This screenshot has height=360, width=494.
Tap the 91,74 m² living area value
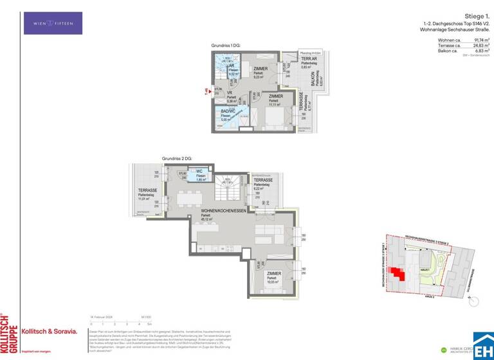[x=480, y=40]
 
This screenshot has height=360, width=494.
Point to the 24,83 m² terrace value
[x=480, y=46]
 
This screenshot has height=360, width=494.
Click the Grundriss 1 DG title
[x=226, y=46]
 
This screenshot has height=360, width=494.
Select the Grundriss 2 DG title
[x=177, y=158]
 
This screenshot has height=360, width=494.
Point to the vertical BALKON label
[x=314, y=80]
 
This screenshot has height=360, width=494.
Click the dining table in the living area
[x=189, y=197]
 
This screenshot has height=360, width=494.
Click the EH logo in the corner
[x=483, y=342]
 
